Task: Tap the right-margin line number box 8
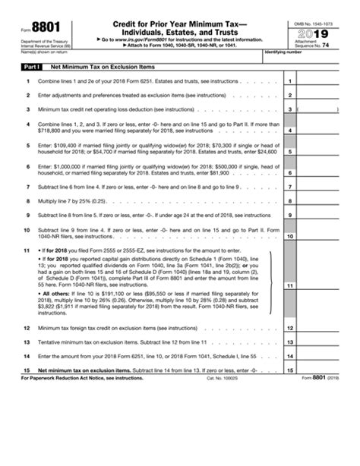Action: pos(289,201)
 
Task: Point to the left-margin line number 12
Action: pos(27,328)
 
